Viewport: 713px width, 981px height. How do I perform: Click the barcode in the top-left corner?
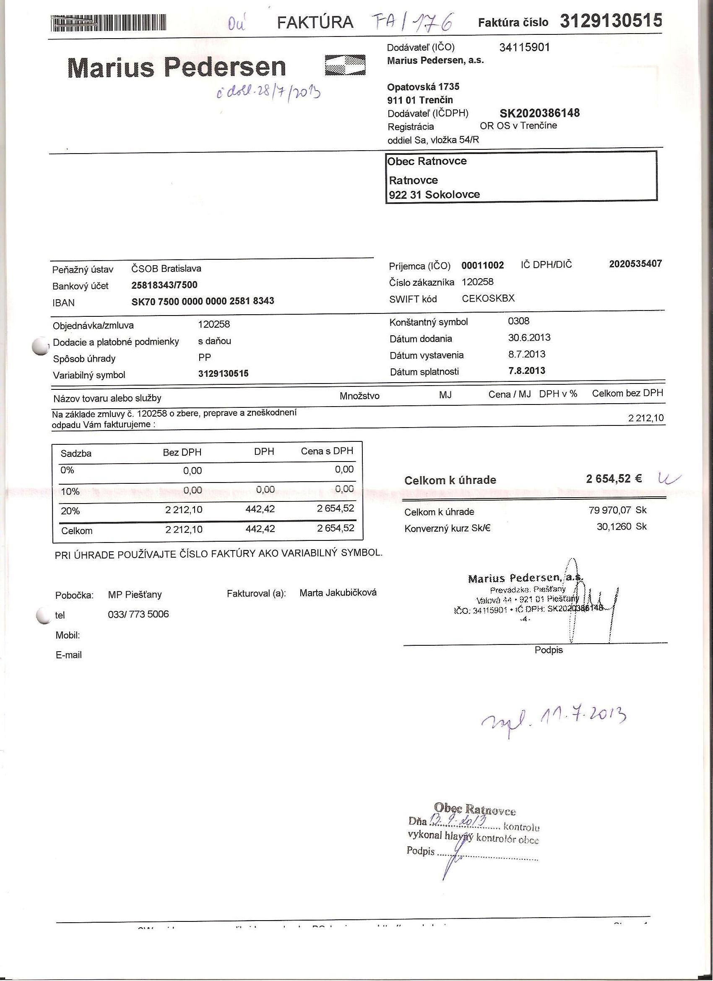108,23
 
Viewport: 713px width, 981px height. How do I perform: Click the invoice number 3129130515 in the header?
611,21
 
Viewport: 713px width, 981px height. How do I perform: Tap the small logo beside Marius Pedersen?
345,65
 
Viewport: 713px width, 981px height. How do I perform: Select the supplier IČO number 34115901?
524,47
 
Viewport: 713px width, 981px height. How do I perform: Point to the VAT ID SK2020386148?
540,113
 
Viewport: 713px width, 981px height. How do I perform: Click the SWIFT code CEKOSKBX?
488,298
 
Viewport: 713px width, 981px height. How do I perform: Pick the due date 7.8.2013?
526,370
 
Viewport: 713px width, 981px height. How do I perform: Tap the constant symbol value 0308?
518,321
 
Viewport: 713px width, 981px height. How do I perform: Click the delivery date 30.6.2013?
529,337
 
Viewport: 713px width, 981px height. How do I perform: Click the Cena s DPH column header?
327,451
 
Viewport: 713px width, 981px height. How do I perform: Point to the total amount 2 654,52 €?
614,478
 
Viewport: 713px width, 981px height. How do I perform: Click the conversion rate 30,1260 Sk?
621,527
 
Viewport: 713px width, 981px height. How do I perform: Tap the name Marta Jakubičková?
338,592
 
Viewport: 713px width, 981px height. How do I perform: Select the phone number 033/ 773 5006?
138,614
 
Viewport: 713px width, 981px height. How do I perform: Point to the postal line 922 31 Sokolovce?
434,195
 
